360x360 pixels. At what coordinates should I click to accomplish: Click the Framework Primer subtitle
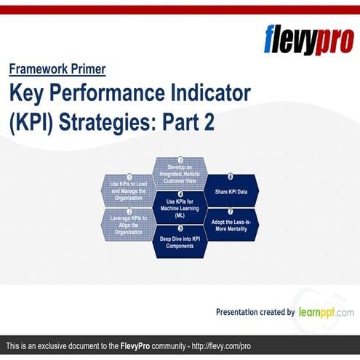click(x=57, y=70)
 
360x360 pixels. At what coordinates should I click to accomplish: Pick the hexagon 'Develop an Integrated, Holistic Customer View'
click(x=180, y=173)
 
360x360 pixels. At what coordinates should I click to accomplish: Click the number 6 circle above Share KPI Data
click(x=231, y=176)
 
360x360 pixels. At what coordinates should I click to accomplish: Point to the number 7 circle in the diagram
click(x=231, y=211)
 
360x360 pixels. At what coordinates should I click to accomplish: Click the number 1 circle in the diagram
click(x=129, y=176)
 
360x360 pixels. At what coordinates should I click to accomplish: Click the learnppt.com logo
click(x=325, y=312)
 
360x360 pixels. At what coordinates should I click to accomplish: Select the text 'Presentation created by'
click(x=255, y=312)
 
